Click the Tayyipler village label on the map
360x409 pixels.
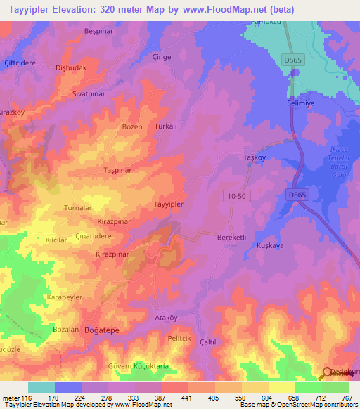[x=169, y=204]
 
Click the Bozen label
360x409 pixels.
[x=132, y=127]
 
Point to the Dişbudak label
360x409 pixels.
[x=70, y=68]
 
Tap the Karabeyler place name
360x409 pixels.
[x=65, y=297]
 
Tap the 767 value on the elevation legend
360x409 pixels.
[x=346, y=398]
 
